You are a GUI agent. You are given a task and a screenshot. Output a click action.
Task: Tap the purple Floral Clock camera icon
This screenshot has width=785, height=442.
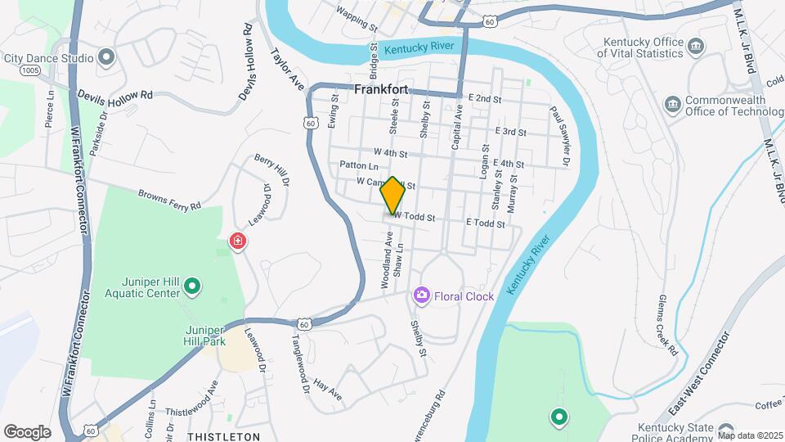(x=422, y=295)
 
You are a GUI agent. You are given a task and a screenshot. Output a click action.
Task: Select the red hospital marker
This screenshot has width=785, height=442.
(x=237, y=242)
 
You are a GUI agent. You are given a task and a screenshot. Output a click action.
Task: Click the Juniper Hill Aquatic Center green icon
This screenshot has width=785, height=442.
(x=192, y=286)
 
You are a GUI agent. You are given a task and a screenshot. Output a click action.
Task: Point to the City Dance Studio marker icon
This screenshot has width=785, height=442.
(x=106, y=57)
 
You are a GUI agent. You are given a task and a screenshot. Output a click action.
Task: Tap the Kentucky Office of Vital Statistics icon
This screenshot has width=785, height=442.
(x=696, y=45)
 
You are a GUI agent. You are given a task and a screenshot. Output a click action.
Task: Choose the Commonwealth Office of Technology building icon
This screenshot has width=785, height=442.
(x=672, y=104)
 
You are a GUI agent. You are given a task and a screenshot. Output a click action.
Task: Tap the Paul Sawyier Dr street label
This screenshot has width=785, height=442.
(x=559, y=136)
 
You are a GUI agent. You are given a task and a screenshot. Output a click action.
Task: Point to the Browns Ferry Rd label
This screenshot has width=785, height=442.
(x=169, y=200)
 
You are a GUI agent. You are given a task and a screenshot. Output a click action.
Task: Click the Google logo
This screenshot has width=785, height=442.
(x=27, y=431)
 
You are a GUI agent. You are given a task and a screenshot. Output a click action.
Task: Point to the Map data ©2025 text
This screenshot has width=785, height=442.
(x=750, y=435)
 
